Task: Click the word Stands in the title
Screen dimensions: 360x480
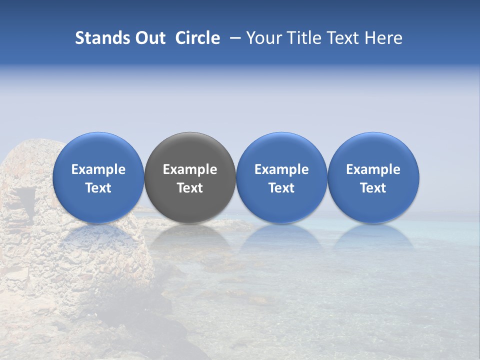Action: coord(102,38)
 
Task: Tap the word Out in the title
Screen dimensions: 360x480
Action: coord(149,38)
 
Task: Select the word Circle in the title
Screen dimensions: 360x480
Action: coord(197,38)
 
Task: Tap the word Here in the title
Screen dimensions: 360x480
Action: coord(383,38)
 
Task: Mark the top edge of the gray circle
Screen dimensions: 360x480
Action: coord(190,132)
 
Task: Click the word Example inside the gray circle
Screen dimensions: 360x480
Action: coord(190,169)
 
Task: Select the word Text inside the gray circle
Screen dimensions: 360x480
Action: coord(190,188)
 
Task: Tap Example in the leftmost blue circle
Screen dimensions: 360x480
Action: coord(98,169)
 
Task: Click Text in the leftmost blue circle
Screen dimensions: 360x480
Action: coord(98,188)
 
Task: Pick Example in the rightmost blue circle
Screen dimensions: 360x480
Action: coord(373,169)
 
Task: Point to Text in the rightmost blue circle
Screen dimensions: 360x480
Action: coord(373,188)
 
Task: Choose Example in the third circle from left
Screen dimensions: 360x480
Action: coord(281,169)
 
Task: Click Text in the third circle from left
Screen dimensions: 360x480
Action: coord(281,188)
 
